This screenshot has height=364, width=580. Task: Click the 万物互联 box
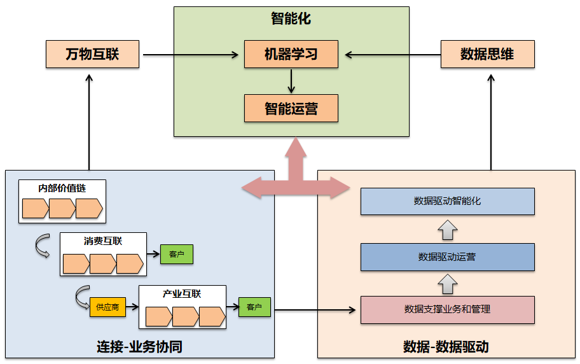tap(92, 54)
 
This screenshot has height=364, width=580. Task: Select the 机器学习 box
tap(291, 54)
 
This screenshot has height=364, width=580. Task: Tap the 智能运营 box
tap(291, 108)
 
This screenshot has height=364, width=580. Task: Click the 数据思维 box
tap(487, 54)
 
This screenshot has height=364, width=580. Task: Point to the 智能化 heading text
tap(291, 18)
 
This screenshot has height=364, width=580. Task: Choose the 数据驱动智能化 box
tap(447, 201)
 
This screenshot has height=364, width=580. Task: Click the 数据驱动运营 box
tap(447, 257)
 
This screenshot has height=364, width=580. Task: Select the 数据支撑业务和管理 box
tap(447, 310)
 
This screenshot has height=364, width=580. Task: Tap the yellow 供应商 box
tap(107, 307)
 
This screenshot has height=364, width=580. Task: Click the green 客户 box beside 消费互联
tap(176, 255)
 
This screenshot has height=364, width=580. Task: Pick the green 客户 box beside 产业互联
tap(254, 307)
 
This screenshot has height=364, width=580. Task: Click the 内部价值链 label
tap(62, 188)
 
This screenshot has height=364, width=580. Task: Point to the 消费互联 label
tap(103, 241)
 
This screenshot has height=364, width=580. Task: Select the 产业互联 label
tap(182, 294)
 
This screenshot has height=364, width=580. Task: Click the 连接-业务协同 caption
tap(140, 347)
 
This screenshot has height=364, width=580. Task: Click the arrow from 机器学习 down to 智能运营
tap(291, 81)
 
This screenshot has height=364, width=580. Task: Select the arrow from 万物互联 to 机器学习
tap(191, 55)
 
